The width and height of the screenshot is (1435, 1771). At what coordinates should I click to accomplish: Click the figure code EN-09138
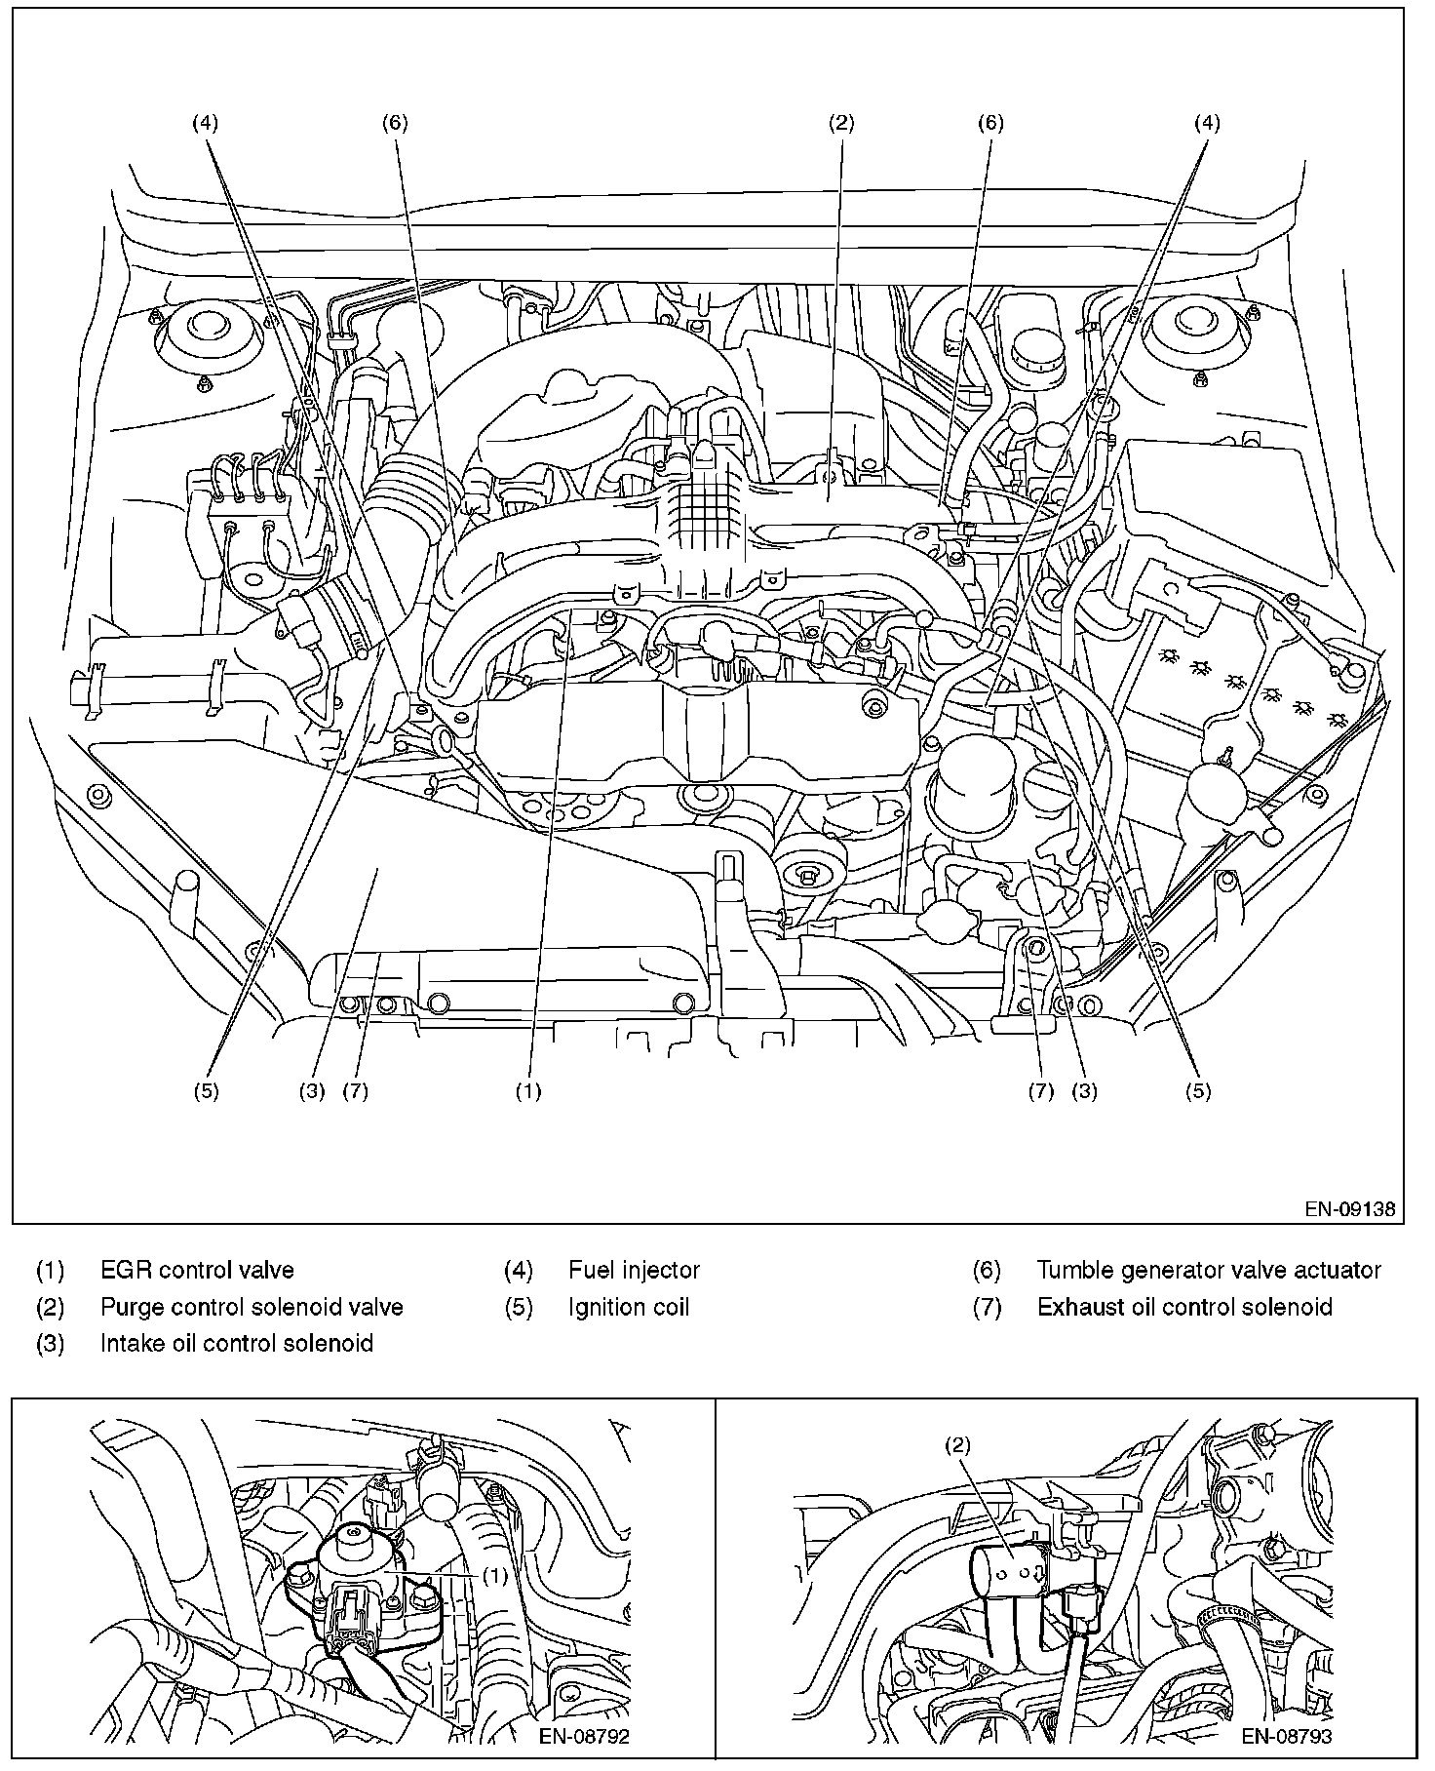pyautogui.click(x=1350, y=1209)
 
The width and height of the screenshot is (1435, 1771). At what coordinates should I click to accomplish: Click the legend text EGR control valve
pyautogui.click(x=197, y=1270)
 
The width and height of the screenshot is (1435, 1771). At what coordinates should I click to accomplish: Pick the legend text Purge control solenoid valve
pyautogui.click(x=252, y=1307)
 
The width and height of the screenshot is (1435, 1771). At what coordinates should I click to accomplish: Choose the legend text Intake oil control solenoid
pyautogui.click(x=237, y=1343)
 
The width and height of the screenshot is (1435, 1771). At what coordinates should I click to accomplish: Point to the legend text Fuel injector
pyautogui.click(x=634, y=1270)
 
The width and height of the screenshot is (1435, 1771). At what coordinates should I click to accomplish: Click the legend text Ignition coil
pyautogui.click(x=629, y=1307)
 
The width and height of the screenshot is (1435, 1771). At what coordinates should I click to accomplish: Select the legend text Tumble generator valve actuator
pyautogui.click(x=1209, y=1270)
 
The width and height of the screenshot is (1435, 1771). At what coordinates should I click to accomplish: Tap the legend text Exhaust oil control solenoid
pyautogui.click(x=1184, y=1307)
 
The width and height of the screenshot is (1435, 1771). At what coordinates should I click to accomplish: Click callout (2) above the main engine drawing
pyautogui.click(x=841, y=123)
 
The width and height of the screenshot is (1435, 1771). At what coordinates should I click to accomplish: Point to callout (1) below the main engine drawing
pyautogui.click(x=528, y=1091)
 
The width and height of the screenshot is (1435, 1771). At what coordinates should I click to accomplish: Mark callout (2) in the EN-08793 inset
pyautogui.click(x=958, y=1446)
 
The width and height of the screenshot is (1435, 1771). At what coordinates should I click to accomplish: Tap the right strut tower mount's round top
pyautogui.click(x=1198, y=327)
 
